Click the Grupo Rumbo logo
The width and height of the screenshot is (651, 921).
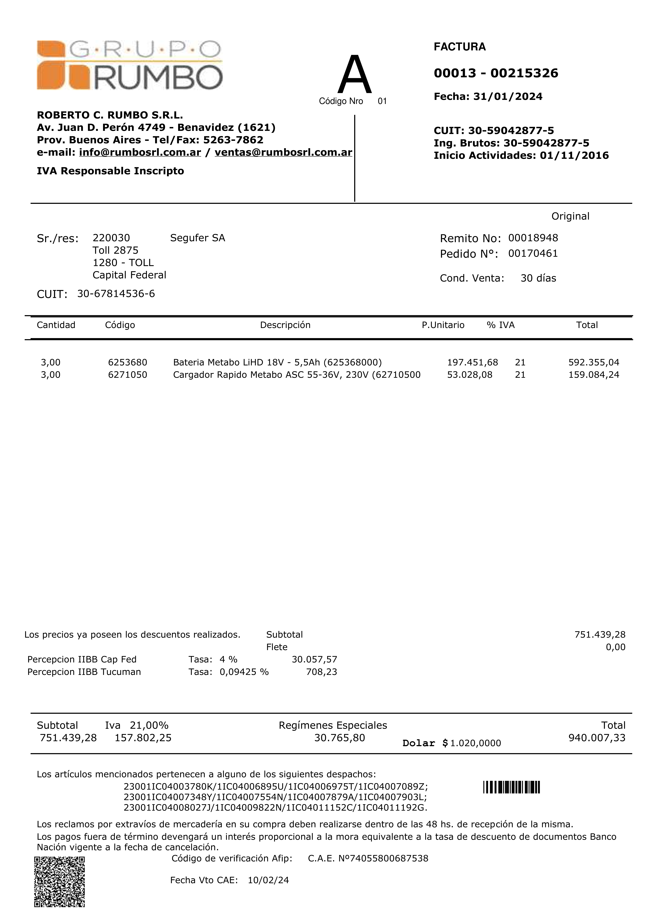click(x=130, y=65)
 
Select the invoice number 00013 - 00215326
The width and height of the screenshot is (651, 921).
click(x=496, y=73)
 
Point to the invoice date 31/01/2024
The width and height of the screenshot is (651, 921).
click(x=508, y=97)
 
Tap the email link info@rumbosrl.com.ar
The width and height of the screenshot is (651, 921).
click(x=140, y=152)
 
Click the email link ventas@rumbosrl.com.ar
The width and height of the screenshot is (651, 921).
click(x=283, y=152)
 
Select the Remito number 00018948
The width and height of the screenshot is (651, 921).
click(x=533, y=238)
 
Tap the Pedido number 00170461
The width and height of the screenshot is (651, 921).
click(x=533, y=254)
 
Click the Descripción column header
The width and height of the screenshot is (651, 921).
click(x=285, y=325)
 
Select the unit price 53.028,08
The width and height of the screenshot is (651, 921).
click(x=470, y=375)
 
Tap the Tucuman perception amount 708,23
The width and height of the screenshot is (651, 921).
click(x=321, y=672)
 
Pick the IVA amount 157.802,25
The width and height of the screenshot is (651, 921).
click(x=143, y=738)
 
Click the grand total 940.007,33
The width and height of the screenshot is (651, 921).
click(x=596, y=738)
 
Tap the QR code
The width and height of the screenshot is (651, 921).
click(x=59, y=881)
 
